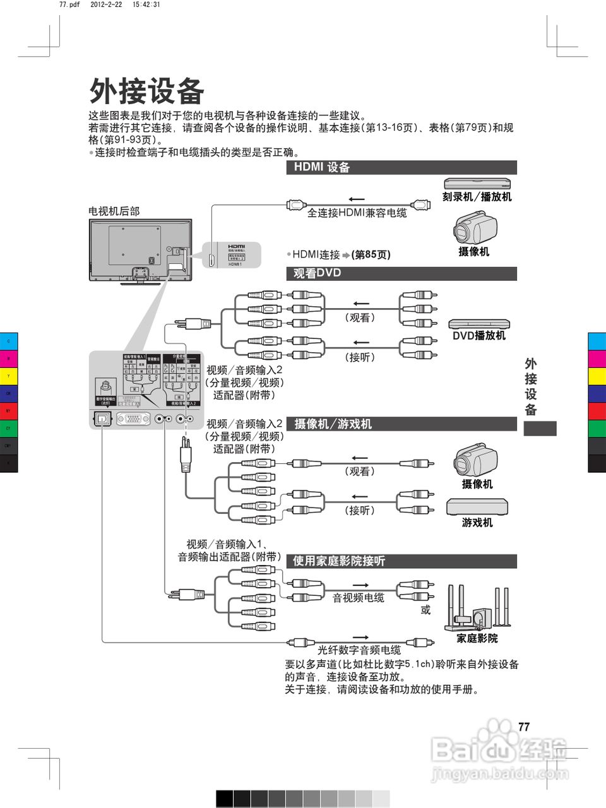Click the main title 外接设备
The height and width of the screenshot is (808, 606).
tap(146, 92)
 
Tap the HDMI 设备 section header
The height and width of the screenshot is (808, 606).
tap(322, 167)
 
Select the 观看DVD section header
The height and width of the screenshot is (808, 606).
tap(318, 273)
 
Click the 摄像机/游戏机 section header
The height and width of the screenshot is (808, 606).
tap(333, 424)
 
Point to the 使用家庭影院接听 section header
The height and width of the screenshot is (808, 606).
tap(339, 561)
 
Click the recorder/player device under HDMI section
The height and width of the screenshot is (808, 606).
tap(477, 184)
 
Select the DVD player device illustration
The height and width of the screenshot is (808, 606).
tap(478, 324)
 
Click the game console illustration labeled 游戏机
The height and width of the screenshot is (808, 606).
tap(477, 507)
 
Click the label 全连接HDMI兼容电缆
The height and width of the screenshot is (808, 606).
tap(357, 213)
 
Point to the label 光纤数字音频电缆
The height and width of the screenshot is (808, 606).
tap(359, 650)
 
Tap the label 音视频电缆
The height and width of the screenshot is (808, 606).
tap(358, 598)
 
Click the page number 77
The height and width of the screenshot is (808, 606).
tap(523, 727)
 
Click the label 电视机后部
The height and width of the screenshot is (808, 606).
tap(114, 211)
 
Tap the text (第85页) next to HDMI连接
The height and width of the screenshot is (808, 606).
tap(371, 255)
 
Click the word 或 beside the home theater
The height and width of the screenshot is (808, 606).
tap(425, 610)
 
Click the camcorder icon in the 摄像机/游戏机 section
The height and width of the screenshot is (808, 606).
tap(475, 460)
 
